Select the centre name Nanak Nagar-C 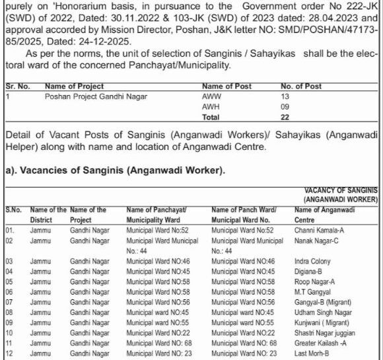tap(316, 241)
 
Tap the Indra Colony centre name tap(312, 262)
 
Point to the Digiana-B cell tap(308, 271)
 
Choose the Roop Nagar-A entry tap(315, 281)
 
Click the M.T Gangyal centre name tap(313, 292)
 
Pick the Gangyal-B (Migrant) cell tap(323, 302)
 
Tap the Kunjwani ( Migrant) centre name tap(322, 322)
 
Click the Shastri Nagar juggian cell tap(324, 332)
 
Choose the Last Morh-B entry tap(313, 353)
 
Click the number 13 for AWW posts tap(285, 97)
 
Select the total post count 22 tap(285, 117)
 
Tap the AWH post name tap(211, 107)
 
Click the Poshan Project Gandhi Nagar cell tap(96, 97)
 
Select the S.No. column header tap(14, 210)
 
